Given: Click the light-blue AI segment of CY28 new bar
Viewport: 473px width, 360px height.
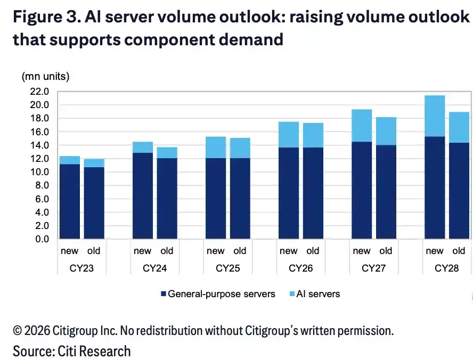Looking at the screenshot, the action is click(x=435, y=116).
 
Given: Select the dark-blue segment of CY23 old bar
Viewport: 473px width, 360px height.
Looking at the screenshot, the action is click(x=94, y=203).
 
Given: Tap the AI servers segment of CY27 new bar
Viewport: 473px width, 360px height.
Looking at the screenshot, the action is click(x=362, y=126).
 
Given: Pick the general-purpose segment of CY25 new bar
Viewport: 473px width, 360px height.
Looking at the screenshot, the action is click(x=216, y=199).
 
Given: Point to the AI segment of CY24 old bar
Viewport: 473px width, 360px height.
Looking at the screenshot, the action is click(x=167, y=153).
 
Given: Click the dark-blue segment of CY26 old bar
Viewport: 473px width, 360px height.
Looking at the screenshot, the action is click(x=313, y=193).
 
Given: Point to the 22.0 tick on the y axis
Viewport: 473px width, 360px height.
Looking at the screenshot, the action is click(x=39, y=92).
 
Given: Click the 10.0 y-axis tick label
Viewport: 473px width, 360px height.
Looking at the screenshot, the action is click(x=39, y=172).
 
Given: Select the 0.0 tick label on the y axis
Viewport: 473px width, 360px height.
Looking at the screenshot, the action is click(x=42, y=239).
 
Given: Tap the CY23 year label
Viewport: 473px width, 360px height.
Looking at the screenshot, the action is click(x=81, y=268).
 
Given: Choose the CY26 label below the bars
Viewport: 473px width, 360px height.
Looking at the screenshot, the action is click(x=301, y=268).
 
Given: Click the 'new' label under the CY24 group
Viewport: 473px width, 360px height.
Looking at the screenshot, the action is click(x=142, y=251).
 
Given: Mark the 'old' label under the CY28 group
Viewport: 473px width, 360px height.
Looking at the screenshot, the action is click(x=459, y=250).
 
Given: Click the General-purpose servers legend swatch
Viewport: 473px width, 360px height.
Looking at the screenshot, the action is click(x=164, y=293).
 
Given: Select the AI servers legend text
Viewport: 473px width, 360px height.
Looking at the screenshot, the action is click(x=318, y=293).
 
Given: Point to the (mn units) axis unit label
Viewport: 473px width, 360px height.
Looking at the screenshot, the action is click(x=46, y=76).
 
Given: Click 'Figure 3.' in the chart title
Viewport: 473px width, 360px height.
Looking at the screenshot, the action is click(x=47, y=17).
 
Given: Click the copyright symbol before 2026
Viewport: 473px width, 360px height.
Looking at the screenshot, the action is click(x=18, y=331).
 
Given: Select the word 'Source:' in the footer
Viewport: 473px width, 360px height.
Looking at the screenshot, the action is click(x=34, y=351).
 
